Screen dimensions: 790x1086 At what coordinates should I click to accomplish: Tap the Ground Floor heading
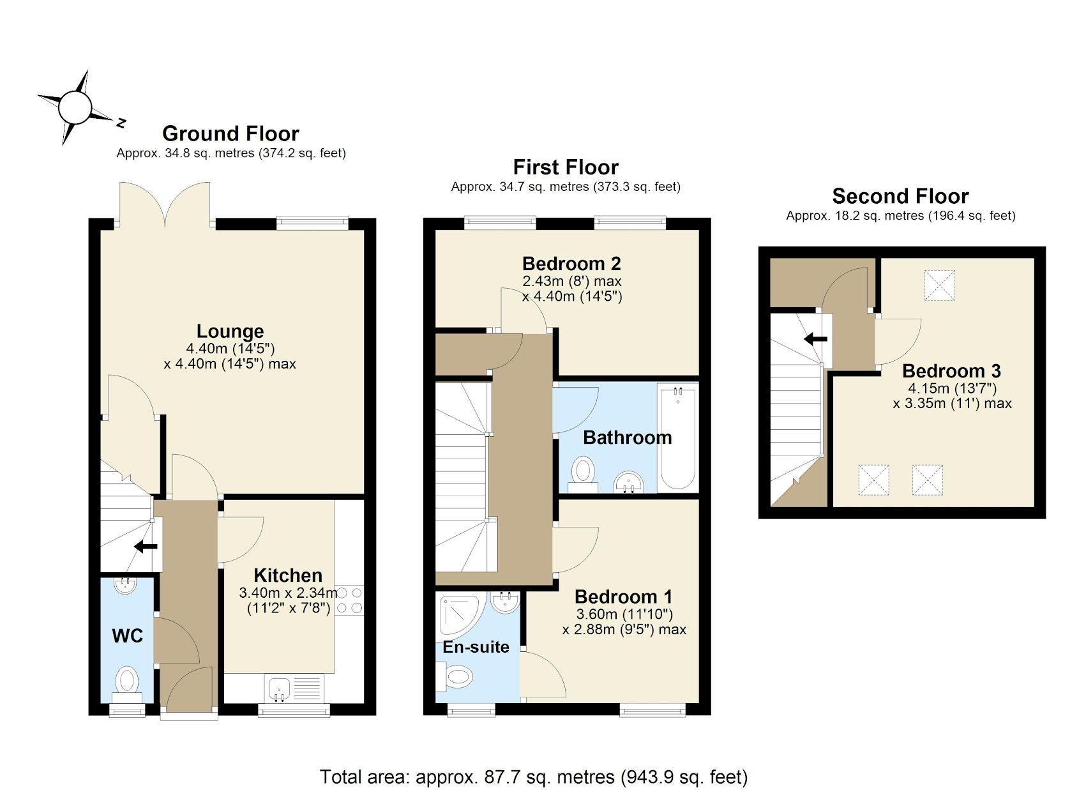[230, 133]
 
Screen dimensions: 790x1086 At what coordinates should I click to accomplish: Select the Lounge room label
[230, 331]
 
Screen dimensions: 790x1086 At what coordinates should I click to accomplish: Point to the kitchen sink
[280, 688]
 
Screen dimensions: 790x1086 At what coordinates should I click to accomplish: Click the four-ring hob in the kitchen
[349, 601]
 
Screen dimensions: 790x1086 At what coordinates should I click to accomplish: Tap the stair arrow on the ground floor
[146, 547]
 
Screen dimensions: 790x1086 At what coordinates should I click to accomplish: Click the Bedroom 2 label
[571, 263]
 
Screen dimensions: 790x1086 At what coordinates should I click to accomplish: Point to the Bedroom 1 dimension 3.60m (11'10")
[624, 614]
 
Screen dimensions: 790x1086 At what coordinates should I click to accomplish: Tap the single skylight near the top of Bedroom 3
[940, 285]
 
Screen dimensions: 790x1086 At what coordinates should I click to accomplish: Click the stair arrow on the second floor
[816, 338]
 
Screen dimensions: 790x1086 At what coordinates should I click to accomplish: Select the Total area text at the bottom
[533, 777]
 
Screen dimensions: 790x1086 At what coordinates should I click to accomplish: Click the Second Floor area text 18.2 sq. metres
[900, 216]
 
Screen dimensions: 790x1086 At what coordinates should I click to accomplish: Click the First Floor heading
[566, 167]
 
